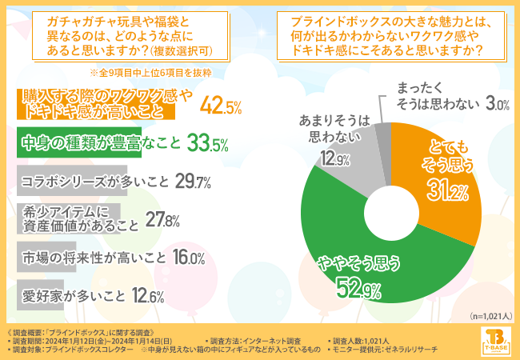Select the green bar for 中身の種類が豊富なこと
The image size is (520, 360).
(78, 142)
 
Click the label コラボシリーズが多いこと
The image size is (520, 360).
(94, 181)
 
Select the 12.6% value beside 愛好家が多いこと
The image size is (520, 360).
(148, 296)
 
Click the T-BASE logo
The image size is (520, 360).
(496, 341)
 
